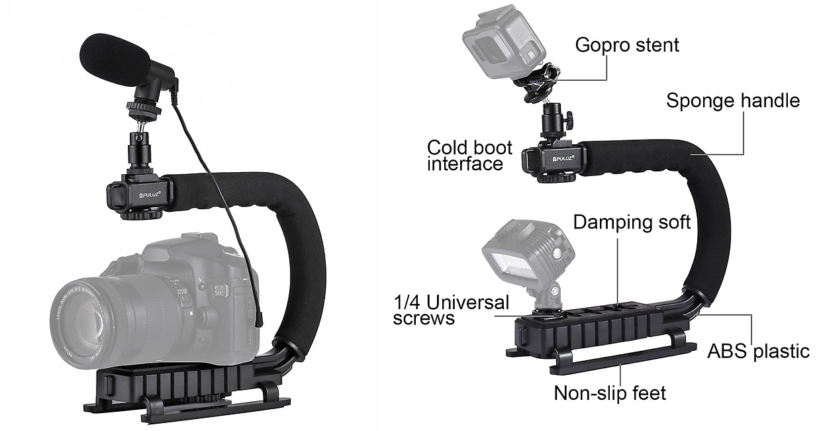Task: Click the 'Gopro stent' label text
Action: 627,46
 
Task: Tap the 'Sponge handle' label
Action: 733,101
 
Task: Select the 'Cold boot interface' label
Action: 469,156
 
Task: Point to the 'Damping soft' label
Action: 632,222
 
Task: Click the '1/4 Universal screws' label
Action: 451,310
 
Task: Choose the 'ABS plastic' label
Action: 758,352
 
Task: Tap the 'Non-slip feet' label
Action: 610,394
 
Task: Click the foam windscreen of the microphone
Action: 115,59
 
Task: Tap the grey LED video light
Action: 528,257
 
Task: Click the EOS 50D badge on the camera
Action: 220,290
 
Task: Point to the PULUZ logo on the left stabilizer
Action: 150,195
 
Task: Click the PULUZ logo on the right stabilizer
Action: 563,158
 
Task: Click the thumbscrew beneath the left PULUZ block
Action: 142,214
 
